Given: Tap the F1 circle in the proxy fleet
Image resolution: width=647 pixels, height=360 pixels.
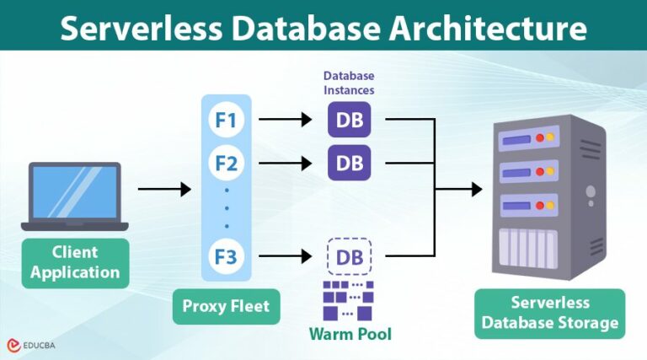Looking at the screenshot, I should pos(226,121).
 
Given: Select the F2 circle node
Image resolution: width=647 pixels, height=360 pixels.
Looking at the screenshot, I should pos(226,162).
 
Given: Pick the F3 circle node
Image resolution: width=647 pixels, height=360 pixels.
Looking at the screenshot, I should pos(226,255).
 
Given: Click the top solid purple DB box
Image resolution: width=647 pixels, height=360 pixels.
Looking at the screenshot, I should pos(349,121).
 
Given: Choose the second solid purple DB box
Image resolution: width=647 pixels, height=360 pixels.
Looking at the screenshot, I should pos(349,161).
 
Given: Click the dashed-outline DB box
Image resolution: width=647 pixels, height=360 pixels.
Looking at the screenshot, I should pos(349,255).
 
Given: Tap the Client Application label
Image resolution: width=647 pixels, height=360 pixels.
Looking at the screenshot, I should pos(75,262).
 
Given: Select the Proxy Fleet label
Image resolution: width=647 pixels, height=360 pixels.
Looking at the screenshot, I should pos(226,305).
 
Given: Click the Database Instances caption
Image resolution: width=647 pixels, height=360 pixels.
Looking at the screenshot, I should pos(349,83).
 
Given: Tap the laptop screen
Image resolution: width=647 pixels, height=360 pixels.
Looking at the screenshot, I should pos(75,192).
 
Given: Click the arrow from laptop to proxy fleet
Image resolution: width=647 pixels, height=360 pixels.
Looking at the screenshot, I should pos(164,190).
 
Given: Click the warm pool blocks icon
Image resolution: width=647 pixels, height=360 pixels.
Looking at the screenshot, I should pos(349,299).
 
